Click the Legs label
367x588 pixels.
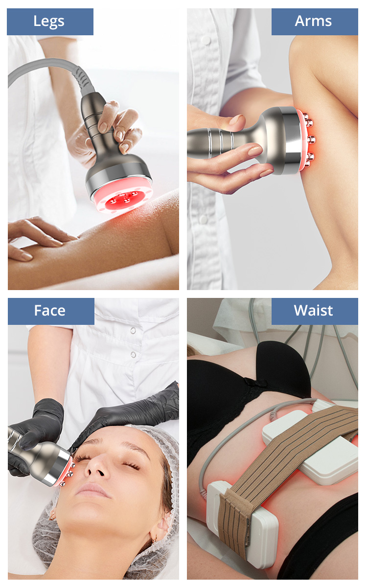click(x=49, y=21)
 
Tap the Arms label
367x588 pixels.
click(x=313, y=21)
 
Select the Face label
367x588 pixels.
click(x=49, y=311)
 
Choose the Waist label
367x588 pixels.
click(x=313, y=311)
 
